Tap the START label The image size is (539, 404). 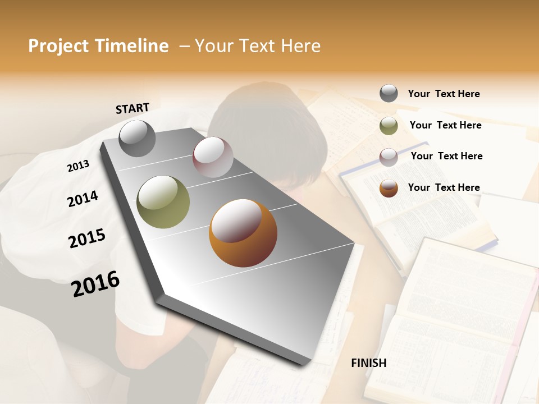[x=133, y=108]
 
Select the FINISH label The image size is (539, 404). [x=369, y=363]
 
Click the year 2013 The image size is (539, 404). [x=78, y=166]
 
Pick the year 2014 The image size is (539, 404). [x=83, y=199]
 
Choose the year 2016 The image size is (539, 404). [x=95, y=283]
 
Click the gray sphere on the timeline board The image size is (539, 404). [x=138, y=138]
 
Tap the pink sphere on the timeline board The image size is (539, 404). [x=213, y=157]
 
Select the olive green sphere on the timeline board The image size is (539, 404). [x=163, y=202]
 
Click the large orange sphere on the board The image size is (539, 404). [x=243, y=233]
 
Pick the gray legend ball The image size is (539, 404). [x=389, y=93]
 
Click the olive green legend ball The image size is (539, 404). [x=389, y=126]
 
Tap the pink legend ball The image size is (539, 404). [x=389, y=157]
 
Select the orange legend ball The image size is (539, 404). [x=389, y=188]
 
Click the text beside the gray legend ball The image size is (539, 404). [x=444, y=94]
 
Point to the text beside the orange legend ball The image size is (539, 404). [x=444, y=187]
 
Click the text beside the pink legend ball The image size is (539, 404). [x=446, y=156]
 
